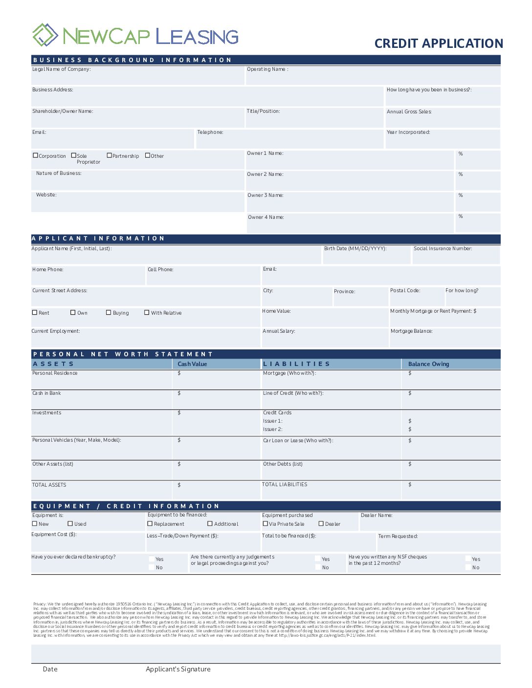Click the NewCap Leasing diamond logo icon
[45, 35]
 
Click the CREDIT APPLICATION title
[439, 43]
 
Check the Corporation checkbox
[35, 155]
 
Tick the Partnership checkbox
[110, 155]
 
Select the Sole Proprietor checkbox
[74, 155]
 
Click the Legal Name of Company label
[61, 69]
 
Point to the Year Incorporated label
[408, 132]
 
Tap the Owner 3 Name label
[265, 195]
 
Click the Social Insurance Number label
[443, 249]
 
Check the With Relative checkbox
[147, 312]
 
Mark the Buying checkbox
[109, 312]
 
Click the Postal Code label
[405, 291]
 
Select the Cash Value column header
[192, 364]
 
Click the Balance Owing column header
[428, 364]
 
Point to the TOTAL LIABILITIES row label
[285, 485]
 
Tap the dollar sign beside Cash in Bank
[179, 393]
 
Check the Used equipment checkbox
[70, 523]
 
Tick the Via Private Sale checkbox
[266, 523]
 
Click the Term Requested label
[398, 537]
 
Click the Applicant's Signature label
[178, 669]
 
